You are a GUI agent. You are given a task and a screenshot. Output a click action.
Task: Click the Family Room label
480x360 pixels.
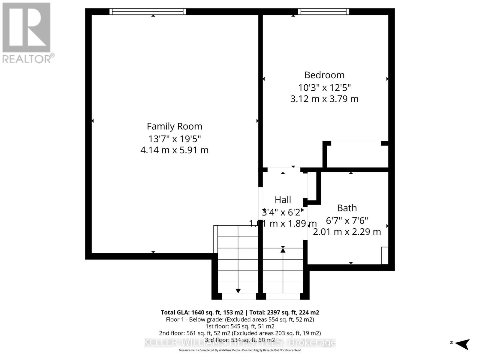click(174, 126)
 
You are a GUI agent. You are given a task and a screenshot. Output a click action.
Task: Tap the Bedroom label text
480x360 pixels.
click(324, 75)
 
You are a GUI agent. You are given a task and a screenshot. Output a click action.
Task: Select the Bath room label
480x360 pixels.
click(347, 208)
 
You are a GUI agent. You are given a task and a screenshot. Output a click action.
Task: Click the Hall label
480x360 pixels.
click(283, 200)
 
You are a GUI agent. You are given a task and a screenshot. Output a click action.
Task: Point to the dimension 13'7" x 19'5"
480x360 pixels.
click(174, 139)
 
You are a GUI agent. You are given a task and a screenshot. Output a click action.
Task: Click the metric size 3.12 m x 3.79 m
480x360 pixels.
click(324, 99)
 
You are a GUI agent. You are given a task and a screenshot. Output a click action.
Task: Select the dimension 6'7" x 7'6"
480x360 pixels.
click(347, 220)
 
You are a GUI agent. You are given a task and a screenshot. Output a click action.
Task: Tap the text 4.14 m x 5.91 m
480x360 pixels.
click(174, 150)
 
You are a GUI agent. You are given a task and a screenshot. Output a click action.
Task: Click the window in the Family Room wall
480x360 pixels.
click(148, 12)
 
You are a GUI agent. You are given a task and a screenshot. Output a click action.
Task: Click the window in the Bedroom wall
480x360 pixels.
click(324, 12)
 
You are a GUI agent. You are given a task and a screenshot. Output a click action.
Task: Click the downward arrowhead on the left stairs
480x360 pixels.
click(238, 291)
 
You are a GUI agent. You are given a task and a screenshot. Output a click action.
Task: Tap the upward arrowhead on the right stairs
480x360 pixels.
click(283, 250)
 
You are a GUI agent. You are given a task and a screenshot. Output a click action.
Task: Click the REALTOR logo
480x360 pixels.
click(27, 33)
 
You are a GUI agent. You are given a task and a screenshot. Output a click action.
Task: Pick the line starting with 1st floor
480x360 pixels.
click(240, 326)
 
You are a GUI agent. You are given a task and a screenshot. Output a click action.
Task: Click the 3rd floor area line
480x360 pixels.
click(240, 340)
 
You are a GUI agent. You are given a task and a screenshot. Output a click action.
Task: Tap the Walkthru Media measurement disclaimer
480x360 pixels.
click(240, 350)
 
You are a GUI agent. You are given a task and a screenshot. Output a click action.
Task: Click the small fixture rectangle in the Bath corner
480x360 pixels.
click(385, 255)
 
